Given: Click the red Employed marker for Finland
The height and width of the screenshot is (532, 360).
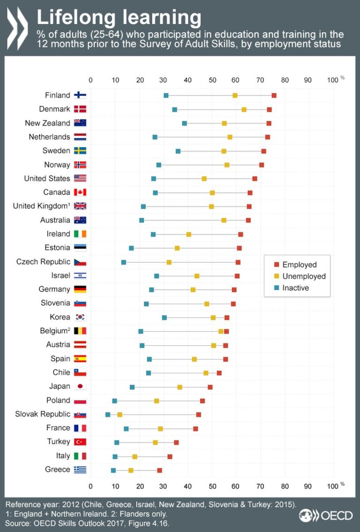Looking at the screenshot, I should tap(274, 95).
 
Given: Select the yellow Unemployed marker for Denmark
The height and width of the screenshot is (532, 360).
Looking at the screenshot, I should tap(244, 109).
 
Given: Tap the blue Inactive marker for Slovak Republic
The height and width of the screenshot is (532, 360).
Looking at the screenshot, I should tap(108, 414).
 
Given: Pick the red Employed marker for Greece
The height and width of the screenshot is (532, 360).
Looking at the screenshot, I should tap(159, 470).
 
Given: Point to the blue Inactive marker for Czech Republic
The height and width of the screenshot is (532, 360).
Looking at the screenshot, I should tap(124, 262).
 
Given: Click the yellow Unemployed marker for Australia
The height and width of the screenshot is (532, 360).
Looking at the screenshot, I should tap(224, 220).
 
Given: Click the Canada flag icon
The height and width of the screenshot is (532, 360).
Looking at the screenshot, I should tap(80, 192).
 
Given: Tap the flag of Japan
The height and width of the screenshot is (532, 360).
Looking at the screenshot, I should tap(80, 387).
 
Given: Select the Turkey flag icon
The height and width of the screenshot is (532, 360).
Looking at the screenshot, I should tap(80, 442).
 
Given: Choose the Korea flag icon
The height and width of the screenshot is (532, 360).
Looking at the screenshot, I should tap(80, 317).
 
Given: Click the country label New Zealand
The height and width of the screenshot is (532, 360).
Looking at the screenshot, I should tap(47, 123).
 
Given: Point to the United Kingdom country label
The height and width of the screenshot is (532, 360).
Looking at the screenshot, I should tap(41, 206).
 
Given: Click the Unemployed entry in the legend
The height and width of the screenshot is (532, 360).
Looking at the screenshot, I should tap(304, 276).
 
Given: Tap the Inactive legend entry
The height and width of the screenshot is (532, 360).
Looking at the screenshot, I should tap(295, 288).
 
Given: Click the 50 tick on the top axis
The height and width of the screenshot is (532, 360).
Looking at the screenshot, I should tap(212, 80).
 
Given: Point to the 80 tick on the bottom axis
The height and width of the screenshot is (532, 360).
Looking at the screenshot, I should tap(284, 485).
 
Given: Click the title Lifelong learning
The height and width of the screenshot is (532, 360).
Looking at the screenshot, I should tap(119, 17).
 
